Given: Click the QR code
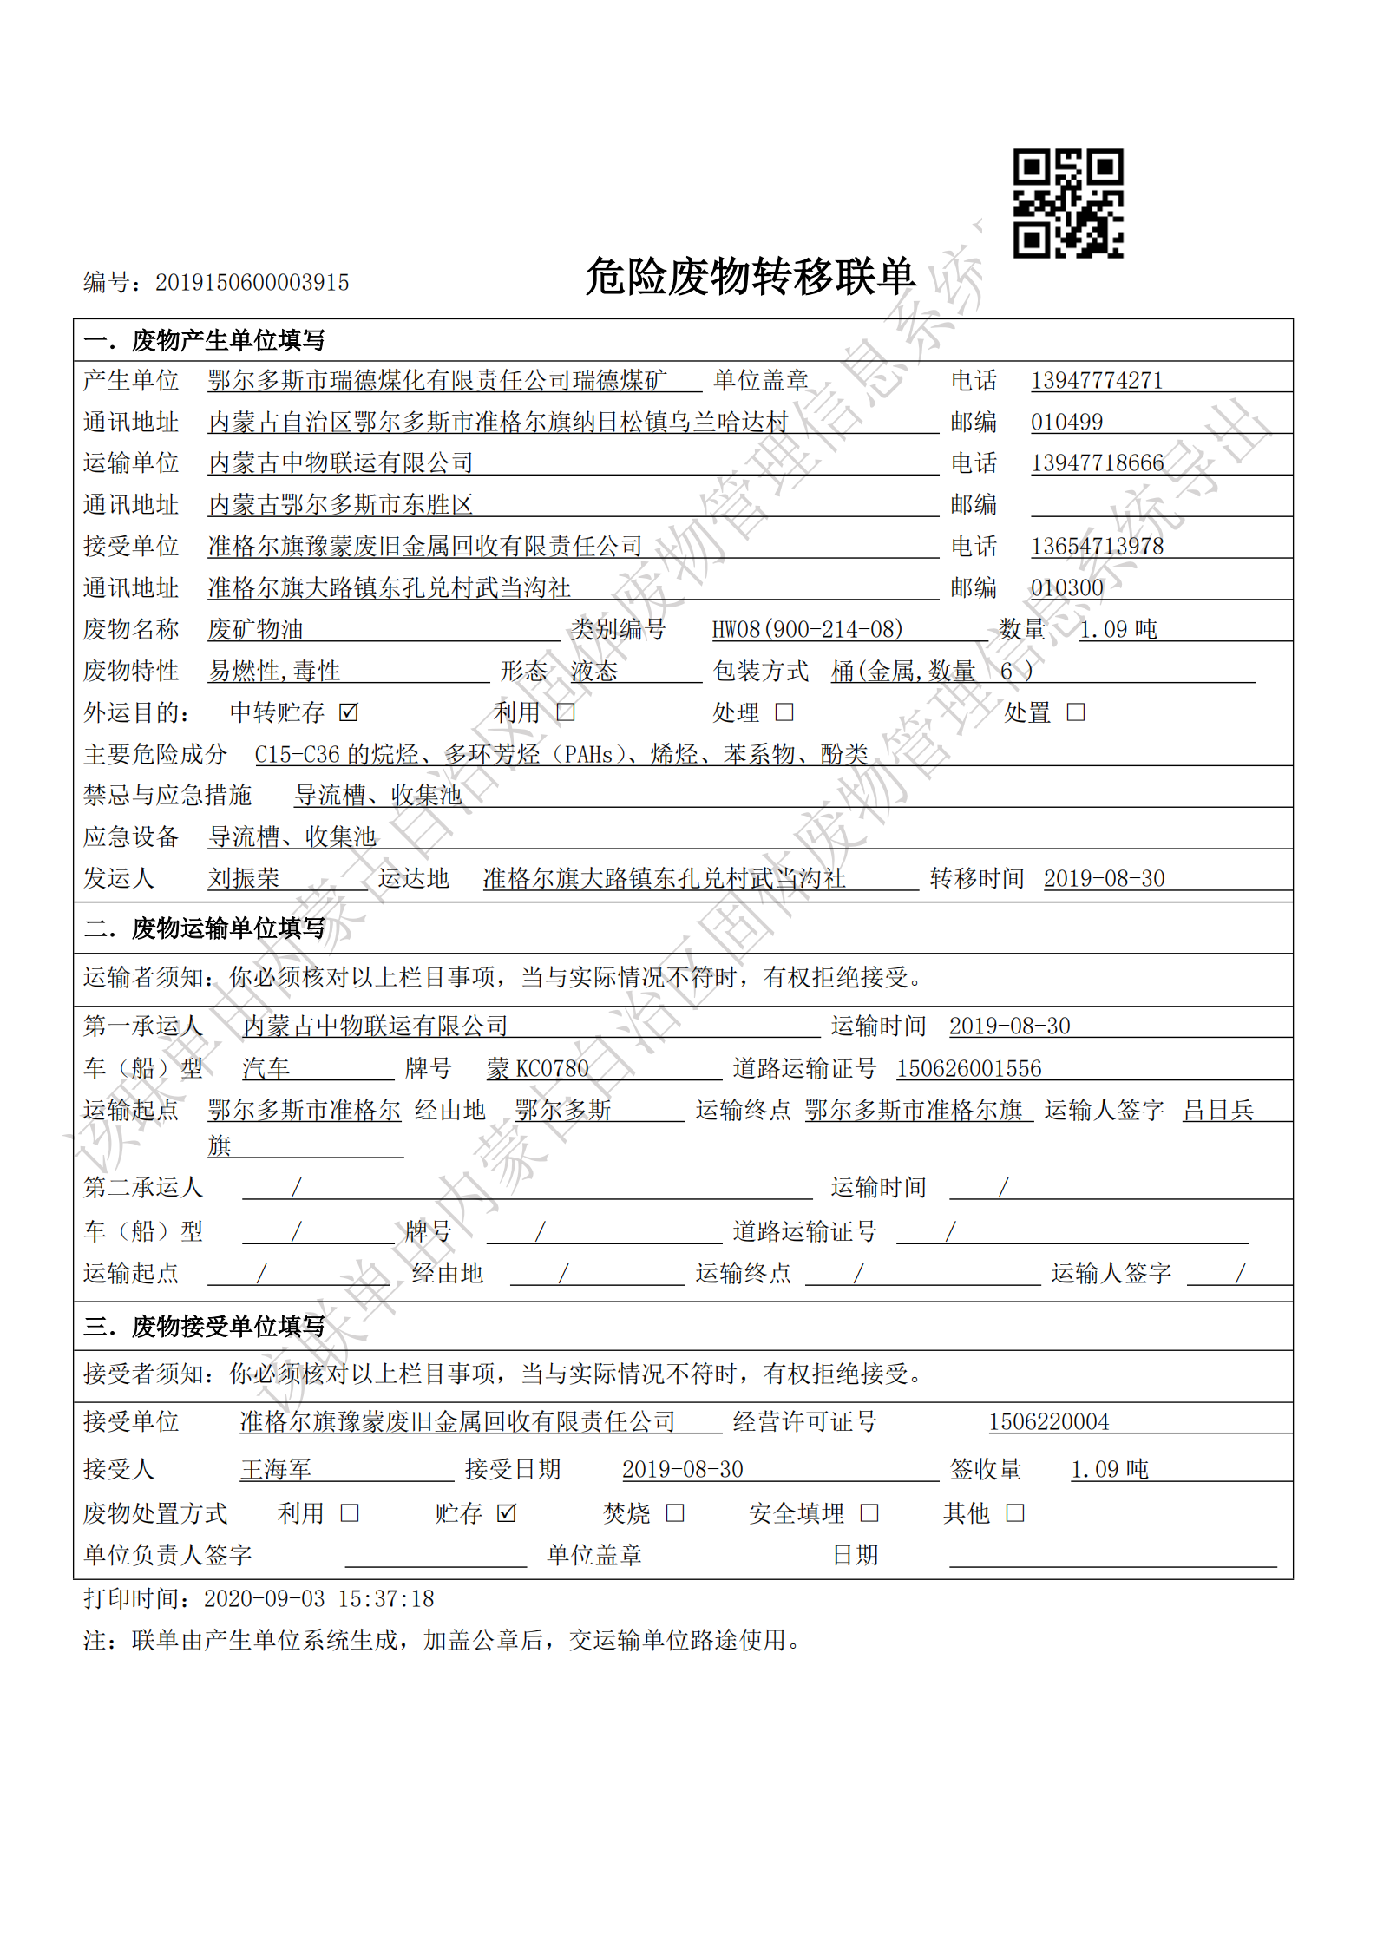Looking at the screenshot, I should click(x=1068, y=203).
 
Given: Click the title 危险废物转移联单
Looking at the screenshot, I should click(x=750, y=277).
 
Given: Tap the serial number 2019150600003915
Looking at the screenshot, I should click(x=252, y=282).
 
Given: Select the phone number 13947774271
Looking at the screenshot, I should click(x=1096, y=380).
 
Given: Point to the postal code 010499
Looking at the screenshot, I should click(x=1066, y=422).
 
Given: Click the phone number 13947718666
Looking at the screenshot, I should click(x=1097, y=462).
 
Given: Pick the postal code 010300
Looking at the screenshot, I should click(x=1066, y=587).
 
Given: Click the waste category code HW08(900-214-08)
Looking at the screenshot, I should click(x=807, y=629).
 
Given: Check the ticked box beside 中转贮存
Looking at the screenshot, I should click(x=349, y=712).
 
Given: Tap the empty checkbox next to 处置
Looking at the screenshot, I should click(x=1076, y=712).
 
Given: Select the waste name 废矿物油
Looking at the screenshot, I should click(x=255, y=629).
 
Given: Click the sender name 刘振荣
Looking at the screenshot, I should click(x=244, y=878).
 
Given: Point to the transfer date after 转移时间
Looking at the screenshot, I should click(x=1104, y=878).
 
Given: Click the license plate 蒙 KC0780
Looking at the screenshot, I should click(x=538, y=1068).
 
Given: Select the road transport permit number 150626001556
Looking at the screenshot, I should click(x=968, y=1068).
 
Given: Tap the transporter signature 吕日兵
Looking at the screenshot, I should click(x=1218, y=1110).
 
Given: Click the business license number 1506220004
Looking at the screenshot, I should click(x=1048, y=1421).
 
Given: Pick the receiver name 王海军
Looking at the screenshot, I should click(x=276, y=1469).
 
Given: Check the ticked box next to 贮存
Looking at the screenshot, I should click(x=507, y=1513).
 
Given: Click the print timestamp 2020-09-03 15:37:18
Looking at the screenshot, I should click(x=318, y=1598).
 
